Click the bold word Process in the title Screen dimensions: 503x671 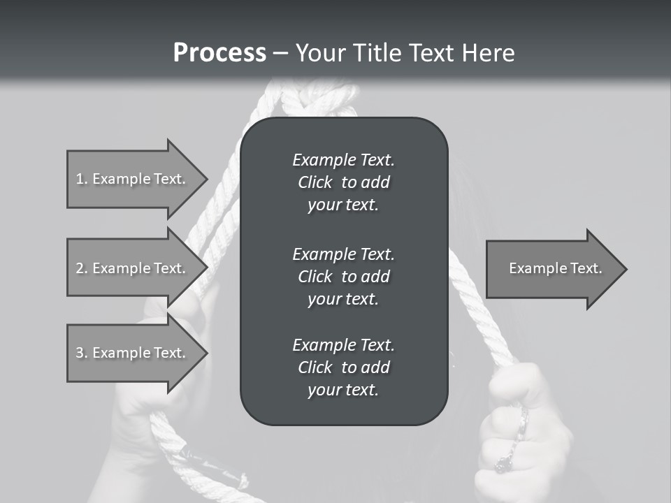(219, 53)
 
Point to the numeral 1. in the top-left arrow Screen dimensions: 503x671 (82, 179)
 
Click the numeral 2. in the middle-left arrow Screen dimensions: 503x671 (82, 268)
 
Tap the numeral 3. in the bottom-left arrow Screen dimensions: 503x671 (82, 353)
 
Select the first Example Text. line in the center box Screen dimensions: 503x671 (343, 160)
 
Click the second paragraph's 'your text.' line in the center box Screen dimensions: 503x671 (343, 299)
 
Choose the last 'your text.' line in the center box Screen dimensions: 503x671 (343, 391)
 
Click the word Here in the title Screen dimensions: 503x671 (489, 53)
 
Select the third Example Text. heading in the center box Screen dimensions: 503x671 (343, 345)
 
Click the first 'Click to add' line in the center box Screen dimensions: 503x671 (343, 183)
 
